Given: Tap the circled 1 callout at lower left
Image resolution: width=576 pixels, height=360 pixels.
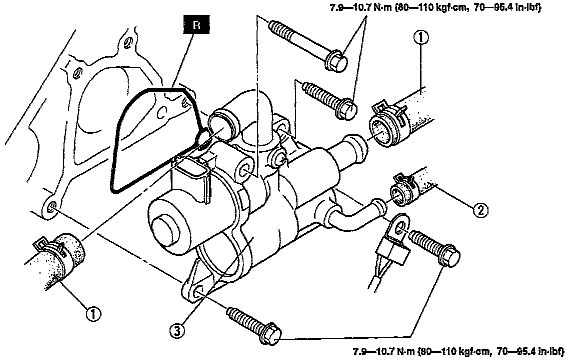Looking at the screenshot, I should (93, 313).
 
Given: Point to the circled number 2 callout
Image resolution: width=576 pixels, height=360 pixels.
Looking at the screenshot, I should (480, 210).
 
